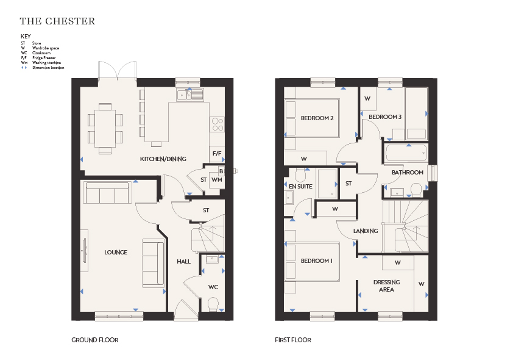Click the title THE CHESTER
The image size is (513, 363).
click(57, 21)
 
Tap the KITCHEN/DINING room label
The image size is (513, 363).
click(163, 159)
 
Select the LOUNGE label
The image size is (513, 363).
click(116, 252)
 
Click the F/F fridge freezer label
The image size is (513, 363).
click(217, 153)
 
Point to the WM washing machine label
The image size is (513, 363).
click(216, 179)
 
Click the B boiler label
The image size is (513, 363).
click(221, 171)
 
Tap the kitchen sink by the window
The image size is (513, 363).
click(190, 95)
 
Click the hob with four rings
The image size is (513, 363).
click(218, 124)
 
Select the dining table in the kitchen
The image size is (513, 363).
click(105, 129)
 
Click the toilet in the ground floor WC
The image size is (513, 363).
click(213, 304)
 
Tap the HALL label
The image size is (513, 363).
click(183, 262)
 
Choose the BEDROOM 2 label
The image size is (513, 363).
click(317, 118)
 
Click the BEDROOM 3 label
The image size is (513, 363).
click(385, 117)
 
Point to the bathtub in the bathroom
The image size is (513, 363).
click(406, 153)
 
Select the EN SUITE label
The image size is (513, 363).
click(300, 187)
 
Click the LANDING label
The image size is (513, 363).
click(366, 231)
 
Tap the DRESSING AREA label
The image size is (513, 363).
click(386, 286)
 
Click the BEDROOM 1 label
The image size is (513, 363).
click(317, 261)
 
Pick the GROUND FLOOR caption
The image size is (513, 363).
click(95, 340)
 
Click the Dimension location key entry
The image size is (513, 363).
click(48, 68)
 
